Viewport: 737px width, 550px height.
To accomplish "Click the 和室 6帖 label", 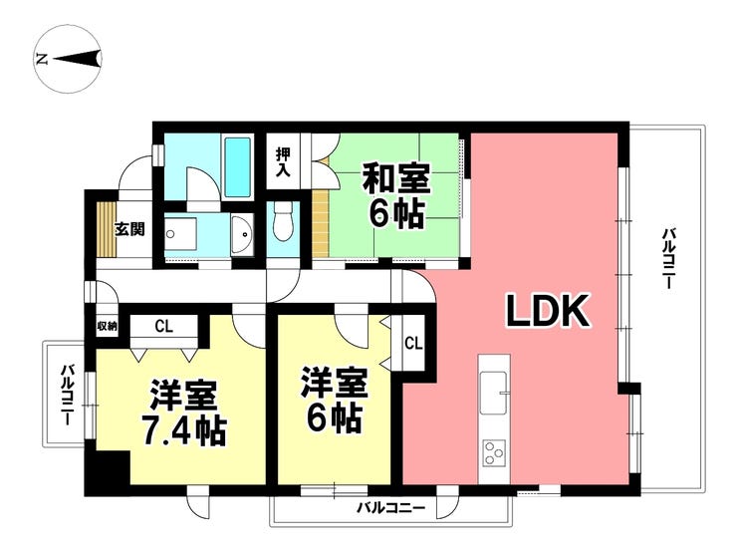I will (x=395, y=196).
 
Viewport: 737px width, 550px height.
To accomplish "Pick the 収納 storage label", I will (x=108, y=326).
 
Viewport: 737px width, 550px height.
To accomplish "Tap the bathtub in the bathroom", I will (x=237, y=166).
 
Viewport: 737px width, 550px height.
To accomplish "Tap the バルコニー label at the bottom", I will (x=391, y=510).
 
